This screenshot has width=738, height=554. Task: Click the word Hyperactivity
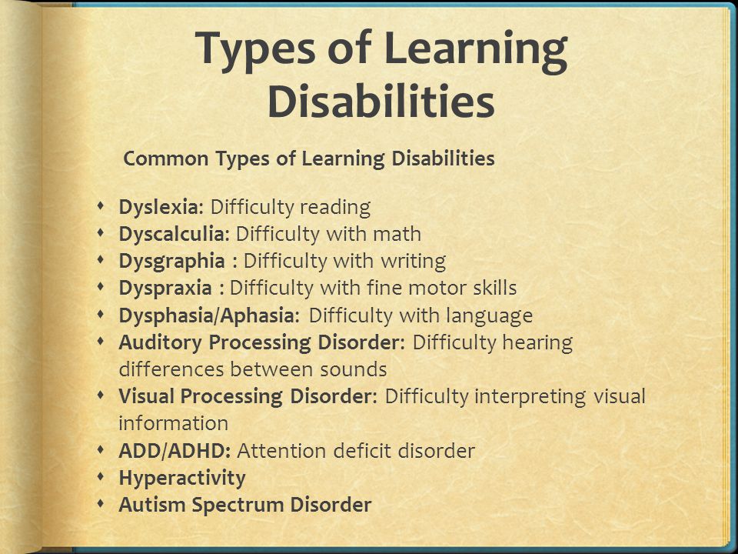(x=182, y=478)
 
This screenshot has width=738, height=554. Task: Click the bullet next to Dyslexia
(x=103, y=207)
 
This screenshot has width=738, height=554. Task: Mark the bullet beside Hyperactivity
(x=103, y=478)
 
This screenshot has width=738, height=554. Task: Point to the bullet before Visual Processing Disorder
(x=103, y=396)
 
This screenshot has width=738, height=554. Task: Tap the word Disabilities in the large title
(x=382, y=102)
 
